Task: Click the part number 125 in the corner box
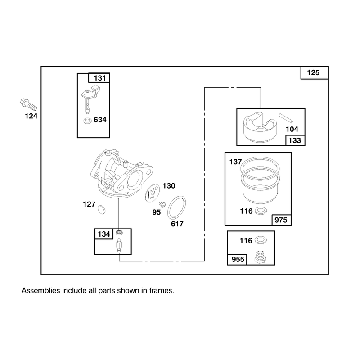313,73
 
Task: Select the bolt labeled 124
28,105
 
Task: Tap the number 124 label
31,116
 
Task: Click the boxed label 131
100,78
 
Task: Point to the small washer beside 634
87,121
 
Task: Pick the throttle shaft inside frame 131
91,98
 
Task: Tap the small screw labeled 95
162,204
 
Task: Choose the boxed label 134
104,234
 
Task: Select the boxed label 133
295,140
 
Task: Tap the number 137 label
235,162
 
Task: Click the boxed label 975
281,220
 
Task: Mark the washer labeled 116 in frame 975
261,211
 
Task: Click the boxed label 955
238,260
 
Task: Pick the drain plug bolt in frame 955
261,257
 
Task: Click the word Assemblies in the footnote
40,291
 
